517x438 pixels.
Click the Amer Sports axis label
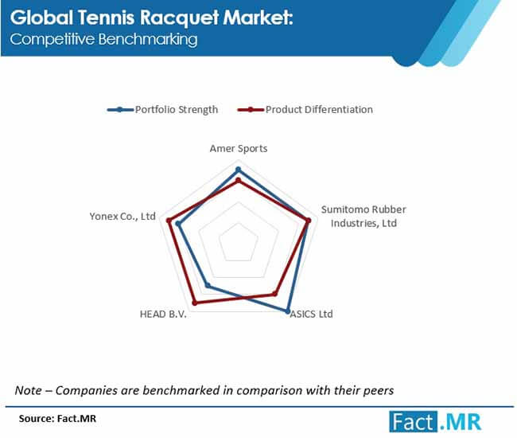(239, 149)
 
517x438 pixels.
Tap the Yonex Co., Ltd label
(122, 216)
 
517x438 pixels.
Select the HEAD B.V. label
(163, 314)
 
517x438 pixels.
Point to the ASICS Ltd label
(311, 314)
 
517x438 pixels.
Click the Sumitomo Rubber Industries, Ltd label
(363, 216)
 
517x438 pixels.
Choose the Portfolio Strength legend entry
(162, 110)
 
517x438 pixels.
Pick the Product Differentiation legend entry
(305, 110)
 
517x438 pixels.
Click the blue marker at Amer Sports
(239, 170)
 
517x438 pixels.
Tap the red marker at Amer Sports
(239, 181)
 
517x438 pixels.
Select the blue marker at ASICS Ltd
(287, 311)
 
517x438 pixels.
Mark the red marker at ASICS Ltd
(275, 293)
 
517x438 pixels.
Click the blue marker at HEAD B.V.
(208, 285)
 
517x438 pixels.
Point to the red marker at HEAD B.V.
(195, 303)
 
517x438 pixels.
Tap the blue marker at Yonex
(178, 224)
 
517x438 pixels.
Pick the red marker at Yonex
(169, 221)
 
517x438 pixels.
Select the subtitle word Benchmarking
(148, 39)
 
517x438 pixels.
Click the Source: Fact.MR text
(57, 419)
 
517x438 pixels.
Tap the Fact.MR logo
(435, 421)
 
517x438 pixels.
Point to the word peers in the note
(378, 391)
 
